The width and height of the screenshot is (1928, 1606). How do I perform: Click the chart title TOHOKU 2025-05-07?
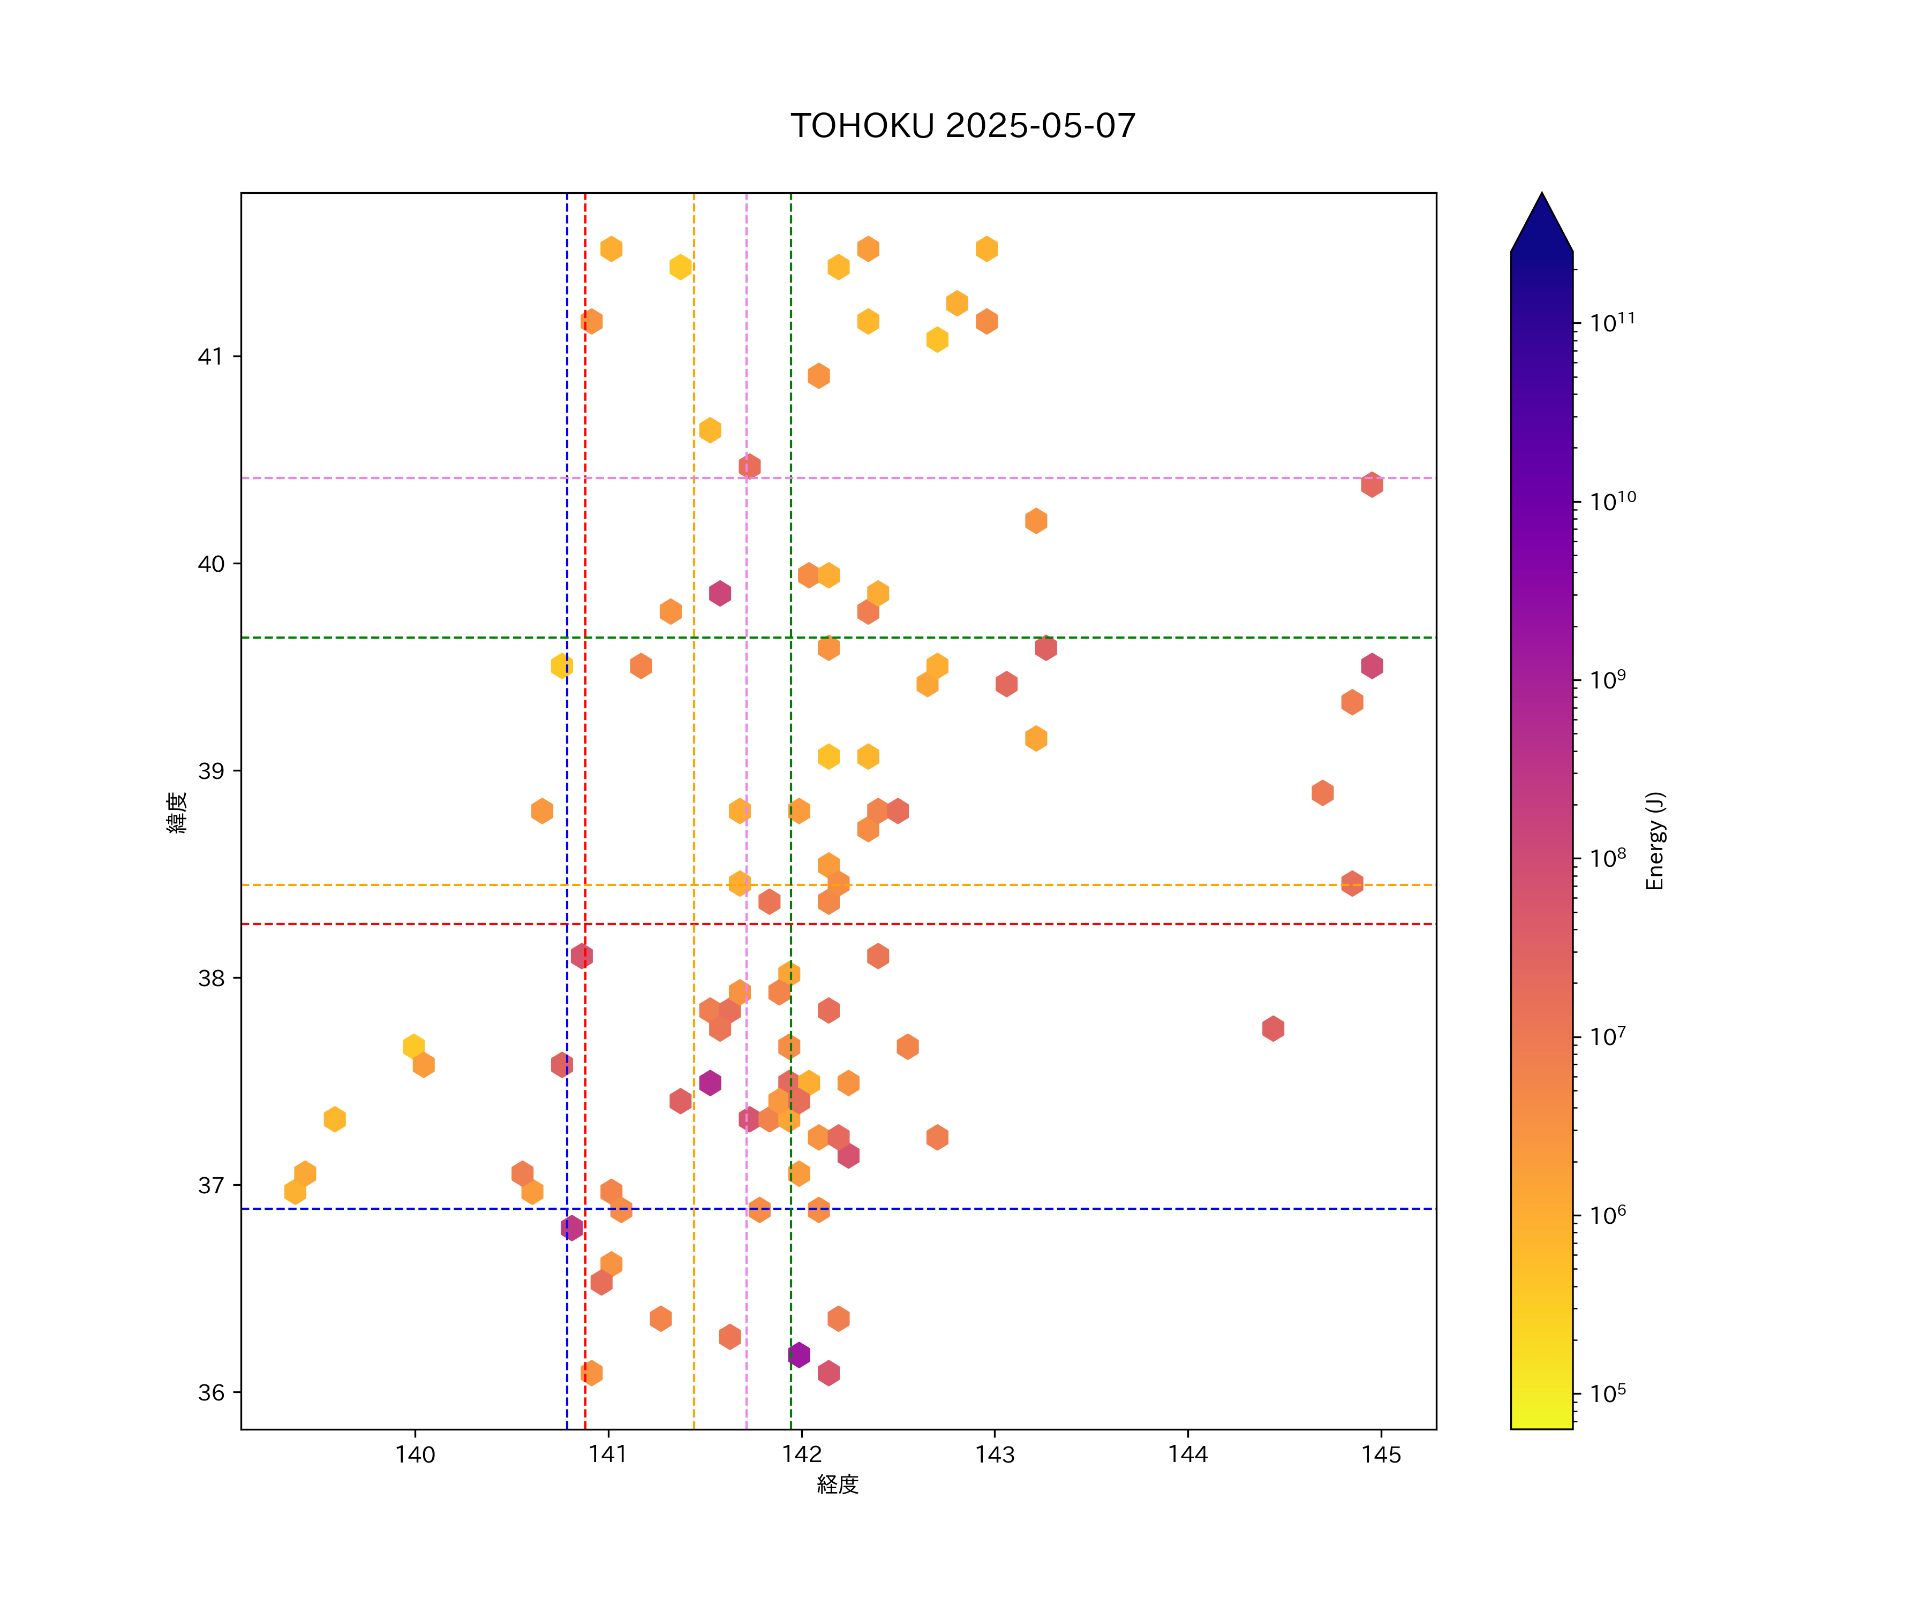(x=963, y=126)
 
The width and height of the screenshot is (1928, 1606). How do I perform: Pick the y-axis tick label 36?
(x=211, y=1393)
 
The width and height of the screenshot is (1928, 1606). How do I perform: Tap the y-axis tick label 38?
(x=211, y=978)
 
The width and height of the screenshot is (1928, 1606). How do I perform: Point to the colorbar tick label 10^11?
(x=1612, y=322)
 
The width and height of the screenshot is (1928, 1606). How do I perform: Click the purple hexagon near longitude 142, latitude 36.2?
(x=799, y=1354)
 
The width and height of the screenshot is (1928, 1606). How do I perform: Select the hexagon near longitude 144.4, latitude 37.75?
(x=1272, y=1029)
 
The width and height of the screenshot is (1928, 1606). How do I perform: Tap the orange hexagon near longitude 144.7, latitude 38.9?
(x=1322, y=793)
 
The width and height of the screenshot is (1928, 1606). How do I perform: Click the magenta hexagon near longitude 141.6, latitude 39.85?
(x=720, y=593)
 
